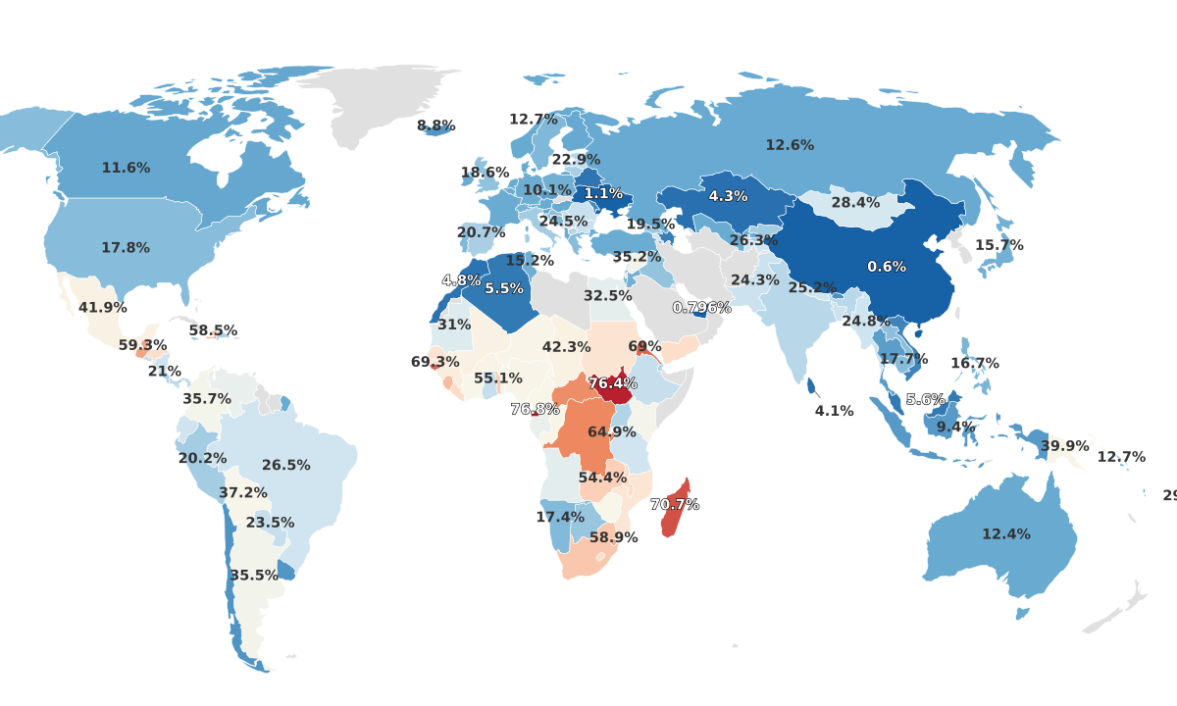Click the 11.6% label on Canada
point(126,169)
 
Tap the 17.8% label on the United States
point(126,248)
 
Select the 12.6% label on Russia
point(790,145)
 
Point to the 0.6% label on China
point(887,267)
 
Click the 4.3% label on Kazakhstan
point(728,196)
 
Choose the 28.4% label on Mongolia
point(855,203)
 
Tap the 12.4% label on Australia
point(1006,534)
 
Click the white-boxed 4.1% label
point(834,411)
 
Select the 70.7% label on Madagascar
point(675,505)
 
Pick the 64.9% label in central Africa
point(612,432)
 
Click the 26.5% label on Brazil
point(285,466)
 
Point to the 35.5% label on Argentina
point(254,576)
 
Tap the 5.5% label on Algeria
point(504,289)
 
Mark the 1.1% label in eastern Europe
point(603,194)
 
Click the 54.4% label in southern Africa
point(602,479)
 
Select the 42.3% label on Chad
point(566,347)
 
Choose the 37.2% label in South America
point(242,493)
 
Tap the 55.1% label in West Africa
point(498,378)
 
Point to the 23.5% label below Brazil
point(270,524)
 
